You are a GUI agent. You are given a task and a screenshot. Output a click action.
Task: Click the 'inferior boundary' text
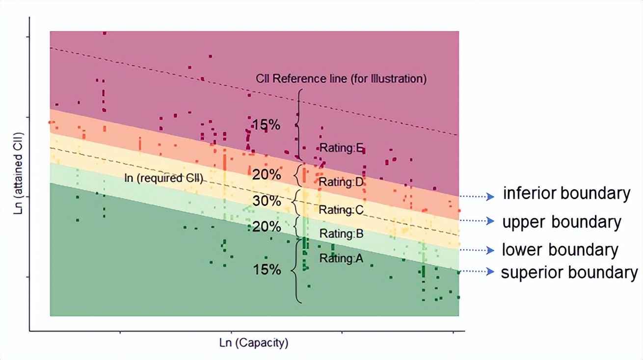click(566, 194)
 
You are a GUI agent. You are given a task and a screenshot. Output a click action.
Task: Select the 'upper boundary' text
click(562, 222)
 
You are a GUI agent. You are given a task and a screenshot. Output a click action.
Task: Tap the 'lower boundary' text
click(560, 250)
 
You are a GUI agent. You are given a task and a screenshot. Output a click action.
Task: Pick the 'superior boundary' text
click(569, 272)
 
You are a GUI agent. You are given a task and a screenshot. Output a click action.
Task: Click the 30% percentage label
click(267, 201)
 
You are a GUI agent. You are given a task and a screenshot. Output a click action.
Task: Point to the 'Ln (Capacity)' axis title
click(253, 343)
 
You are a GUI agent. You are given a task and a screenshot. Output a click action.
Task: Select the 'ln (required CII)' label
click(163, 179)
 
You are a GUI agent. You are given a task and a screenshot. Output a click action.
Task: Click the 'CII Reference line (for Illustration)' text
click(341, 78)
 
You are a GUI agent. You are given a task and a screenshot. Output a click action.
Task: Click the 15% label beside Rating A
click(267, 270)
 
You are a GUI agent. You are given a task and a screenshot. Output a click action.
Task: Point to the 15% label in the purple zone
click(267, 125)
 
